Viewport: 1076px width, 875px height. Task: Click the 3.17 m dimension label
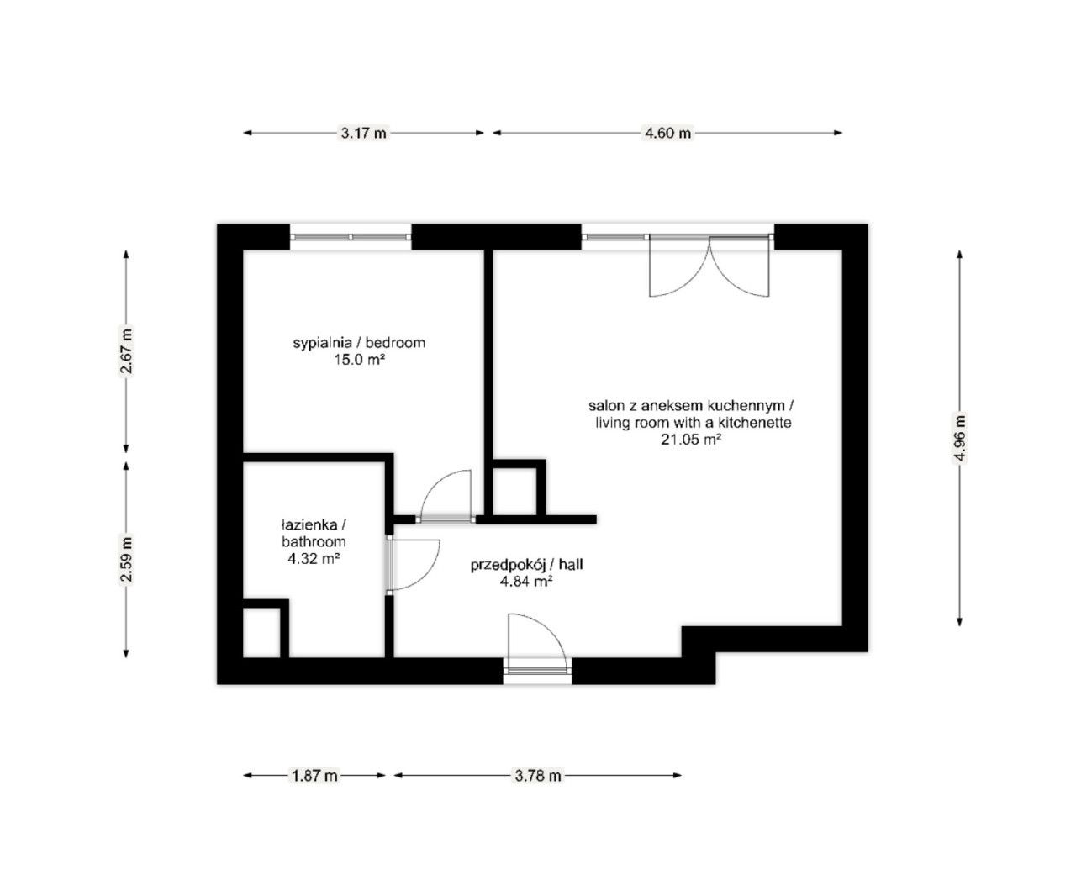(363, 133)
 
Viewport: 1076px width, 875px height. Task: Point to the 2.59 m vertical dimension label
(127, 559)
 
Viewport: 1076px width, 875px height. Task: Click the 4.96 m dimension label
(960, 436)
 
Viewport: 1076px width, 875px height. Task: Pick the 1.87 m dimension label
(314, 776)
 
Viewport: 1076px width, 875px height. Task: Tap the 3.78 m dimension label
(537, 776)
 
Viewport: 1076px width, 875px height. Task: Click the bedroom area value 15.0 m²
(359, 359)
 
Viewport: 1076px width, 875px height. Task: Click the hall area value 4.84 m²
(525, 581)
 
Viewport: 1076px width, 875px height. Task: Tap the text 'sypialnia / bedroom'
(359, 343)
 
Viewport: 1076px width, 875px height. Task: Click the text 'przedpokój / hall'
(526, 566)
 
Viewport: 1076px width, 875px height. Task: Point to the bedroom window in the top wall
(351, 236)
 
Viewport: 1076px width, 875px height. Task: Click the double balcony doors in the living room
(709, 266)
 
